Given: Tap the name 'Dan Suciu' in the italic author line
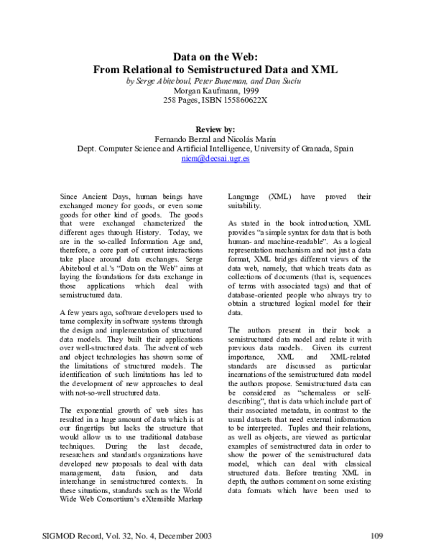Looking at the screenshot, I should pyautogui.click(x=284, y=82).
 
